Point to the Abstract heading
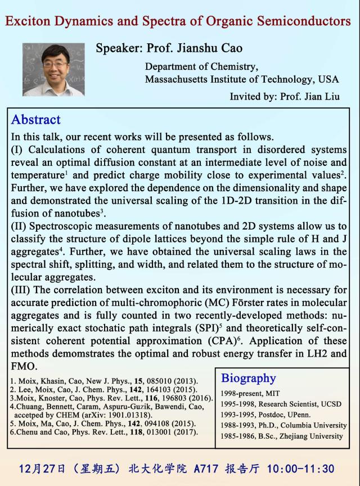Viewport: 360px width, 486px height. pyautogui.click(x=36, y=119)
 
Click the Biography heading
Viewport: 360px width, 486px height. pyautogui.click(x=248, y=377)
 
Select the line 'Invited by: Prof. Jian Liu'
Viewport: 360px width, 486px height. pyautogui.click(x=284, y=96)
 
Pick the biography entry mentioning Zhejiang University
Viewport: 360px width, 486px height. pyautogui.click(x=281, y=435)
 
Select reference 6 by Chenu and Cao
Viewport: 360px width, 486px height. pyautogui.click(x=104, y=432)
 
